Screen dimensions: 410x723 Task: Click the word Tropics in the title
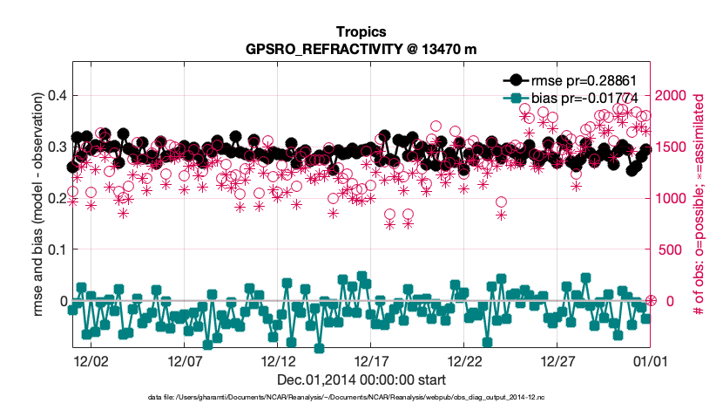(x=361, y=31)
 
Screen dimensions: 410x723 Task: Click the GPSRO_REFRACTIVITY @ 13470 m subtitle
(x=361, y=49)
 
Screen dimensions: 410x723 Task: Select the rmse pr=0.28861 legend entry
(x=597, y=79)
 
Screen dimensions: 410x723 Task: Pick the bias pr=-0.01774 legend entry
(x=597, y=98)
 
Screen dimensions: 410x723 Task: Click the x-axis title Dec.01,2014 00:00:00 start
(x=361, y=379)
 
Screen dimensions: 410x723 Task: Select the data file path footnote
(x=361, y=398)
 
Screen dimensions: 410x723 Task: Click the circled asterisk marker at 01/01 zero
(x=651, y=301)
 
